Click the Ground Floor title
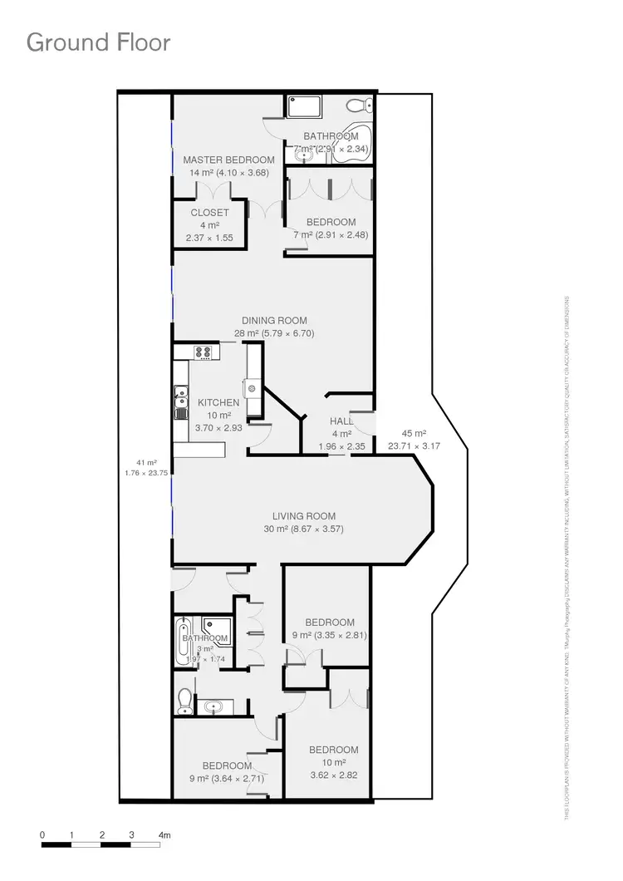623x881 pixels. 98,42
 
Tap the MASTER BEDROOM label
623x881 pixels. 228,160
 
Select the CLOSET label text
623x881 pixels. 209,213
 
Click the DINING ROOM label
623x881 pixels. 274,321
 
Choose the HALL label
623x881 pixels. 341,421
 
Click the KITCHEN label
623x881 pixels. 218,403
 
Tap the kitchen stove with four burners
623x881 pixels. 204,352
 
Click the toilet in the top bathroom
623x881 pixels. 358,106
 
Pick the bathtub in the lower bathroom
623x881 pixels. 182,640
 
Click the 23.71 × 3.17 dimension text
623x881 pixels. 413,445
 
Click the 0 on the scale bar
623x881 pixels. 42,834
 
